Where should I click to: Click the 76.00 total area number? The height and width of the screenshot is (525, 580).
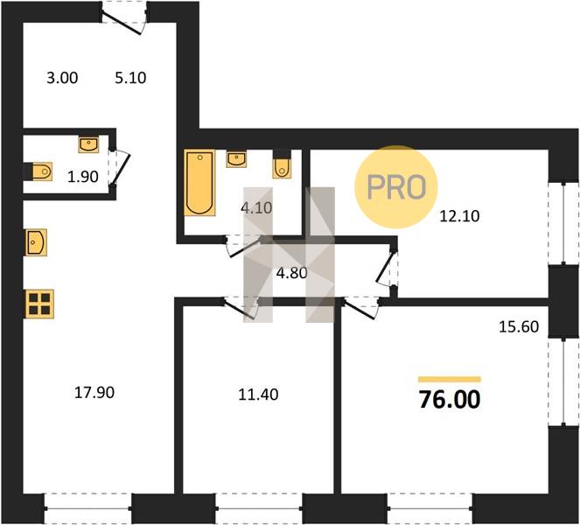450,400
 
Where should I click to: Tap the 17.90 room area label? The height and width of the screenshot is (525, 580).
94,393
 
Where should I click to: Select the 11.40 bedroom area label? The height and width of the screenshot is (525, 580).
258,395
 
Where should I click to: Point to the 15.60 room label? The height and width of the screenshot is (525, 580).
519,326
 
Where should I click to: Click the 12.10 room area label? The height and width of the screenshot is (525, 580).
459,216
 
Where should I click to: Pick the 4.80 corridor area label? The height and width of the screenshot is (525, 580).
292,273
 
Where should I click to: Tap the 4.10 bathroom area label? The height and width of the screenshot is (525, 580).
256,208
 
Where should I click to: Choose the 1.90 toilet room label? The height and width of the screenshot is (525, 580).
83,177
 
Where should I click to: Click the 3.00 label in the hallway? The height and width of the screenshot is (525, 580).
62,78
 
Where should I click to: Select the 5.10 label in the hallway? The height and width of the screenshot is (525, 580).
130,78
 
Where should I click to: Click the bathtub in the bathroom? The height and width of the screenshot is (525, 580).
199,182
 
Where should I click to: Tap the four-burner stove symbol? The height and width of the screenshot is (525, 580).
39,304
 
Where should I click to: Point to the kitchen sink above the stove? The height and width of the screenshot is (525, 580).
36,242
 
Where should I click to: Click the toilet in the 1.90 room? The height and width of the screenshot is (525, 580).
41,171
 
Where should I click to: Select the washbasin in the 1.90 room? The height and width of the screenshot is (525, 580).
88,144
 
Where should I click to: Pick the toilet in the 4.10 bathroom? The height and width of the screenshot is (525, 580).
282,168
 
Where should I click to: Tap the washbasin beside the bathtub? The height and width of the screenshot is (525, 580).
236,159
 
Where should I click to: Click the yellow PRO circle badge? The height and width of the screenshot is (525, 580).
396,186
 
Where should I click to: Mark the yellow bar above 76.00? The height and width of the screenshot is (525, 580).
450,379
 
